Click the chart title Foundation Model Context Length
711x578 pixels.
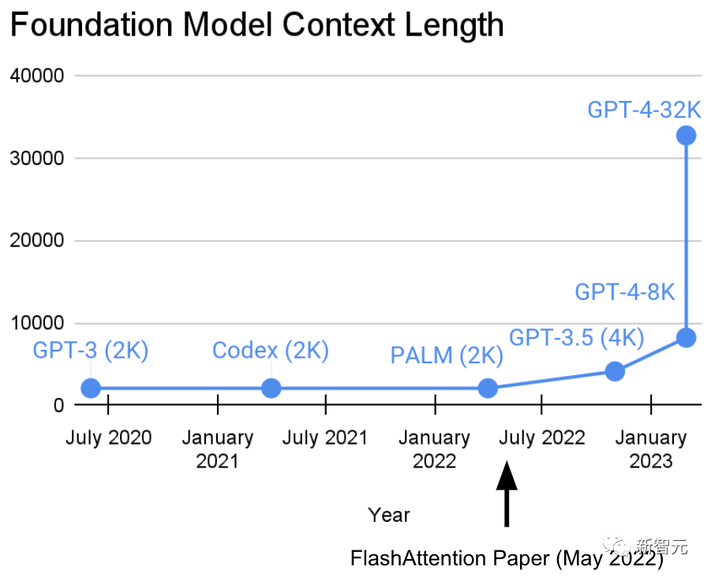(256, 24)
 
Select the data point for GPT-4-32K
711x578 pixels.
(686, 135)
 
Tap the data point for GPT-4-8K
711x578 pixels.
(686, 337)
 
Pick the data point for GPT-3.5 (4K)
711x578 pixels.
(615, 370)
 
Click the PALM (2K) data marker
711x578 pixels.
(488, 388)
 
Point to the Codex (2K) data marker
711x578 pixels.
(271, 388)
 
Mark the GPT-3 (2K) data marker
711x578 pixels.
(91, 388)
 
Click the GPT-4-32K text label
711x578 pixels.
(644, 109)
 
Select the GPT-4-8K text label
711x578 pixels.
(625, 292)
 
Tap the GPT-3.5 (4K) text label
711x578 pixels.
(577, 338)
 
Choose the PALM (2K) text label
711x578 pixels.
(447, 356)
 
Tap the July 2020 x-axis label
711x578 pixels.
(109, 437)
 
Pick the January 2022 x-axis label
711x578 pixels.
(434, 449)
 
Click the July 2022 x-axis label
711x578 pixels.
(542, 437)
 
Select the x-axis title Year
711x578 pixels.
(389, 516)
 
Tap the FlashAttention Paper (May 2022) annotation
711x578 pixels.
(507, 559)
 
